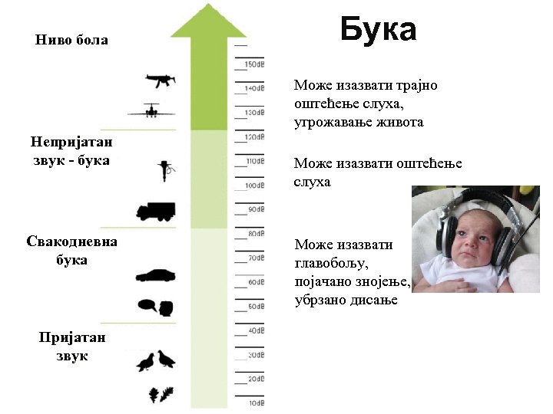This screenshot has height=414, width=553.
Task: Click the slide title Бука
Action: [x=378, y=30]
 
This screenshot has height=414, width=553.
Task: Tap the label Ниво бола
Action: [x=71, y=40]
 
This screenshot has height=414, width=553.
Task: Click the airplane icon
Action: [x=152, y=111]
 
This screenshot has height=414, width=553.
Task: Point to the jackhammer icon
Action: [x=165, y=169]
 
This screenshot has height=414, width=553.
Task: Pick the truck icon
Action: [x=155, y=211]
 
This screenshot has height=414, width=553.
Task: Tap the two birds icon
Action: [x=156, y=361]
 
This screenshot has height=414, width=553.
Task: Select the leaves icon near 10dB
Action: [x=161, y=395]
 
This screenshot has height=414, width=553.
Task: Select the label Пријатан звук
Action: [x=72, y=347]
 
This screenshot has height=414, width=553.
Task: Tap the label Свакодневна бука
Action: [x=71, y=250]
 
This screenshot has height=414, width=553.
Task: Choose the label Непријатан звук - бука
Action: [x=71, y=151]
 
